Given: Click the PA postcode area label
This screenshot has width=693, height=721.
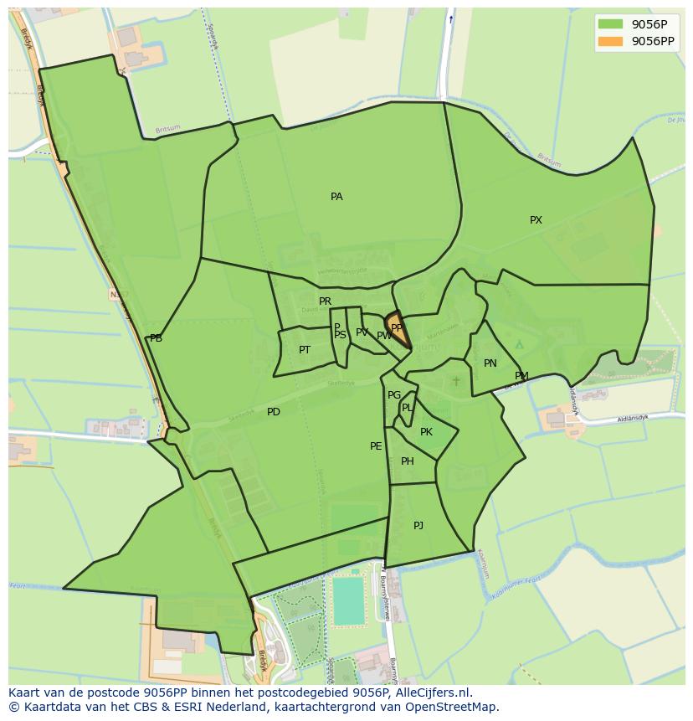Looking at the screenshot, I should click(336, 197).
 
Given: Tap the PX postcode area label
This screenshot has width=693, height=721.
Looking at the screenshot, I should click(536, 220).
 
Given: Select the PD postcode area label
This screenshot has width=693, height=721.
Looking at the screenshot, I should click(274, 412).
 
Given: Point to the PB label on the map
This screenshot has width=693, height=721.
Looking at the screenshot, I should click(156, 338).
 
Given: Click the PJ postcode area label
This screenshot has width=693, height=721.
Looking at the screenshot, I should click(418, 526).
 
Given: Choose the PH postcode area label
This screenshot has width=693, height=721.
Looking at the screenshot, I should click(408, 461).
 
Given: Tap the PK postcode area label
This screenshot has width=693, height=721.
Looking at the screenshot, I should click(427, 432).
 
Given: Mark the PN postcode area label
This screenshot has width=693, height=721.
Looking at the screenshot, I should click(490, 363).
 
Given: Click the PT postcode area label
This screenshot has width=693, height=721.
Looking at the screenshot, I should click(305, 350).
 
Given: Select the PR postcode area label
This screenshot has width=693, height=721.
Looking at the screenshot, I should click(325, 301).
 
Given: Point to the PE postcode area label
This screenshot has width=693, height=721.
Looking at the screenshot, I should click(376, 446).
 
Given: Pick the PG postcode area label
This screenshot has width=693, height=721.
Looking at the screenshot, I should click(394, 395).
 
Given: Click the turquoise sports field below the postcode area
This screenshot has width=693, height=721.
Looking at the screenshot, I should click(348, 600).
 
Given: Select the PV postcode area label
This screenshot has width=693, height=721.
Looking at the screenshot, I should click(362, 332).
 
